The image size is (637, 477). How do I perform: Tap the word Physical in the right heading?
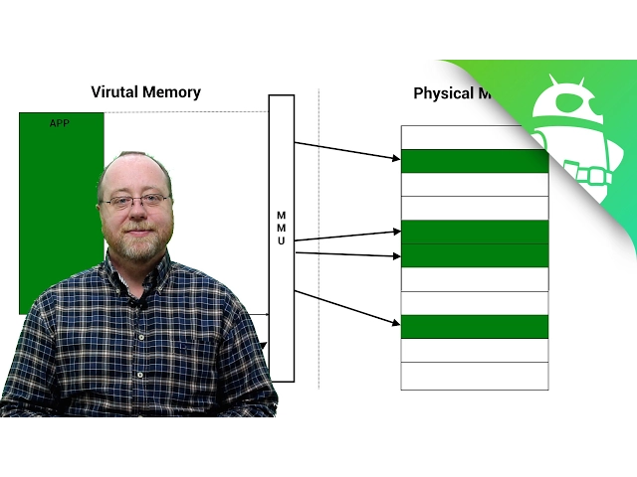click(442, 93)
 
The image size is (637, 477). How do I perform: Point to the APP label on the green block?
click(60, 123)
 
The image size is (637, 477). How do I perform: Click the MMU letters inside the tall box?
click(281, 228)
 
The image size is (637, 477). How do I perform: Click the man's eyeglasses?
click(135, 202)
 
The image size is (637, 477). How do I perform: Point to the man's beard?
click(137, 244)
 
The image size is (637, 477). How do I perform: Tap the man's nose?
click(136, 213)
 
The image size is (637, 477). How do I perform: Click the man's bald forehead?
click(133, 174)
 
